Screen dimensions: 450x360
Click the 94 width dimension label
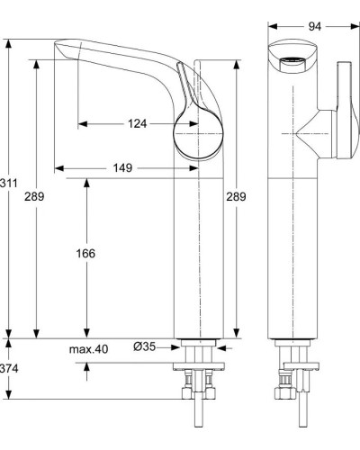point(314,26)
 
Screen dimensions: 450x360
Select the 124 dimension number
point(136,123)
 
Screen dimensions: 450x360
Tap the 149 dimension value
point(124,167)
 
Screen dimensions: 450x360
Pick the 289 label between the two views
point(236,195)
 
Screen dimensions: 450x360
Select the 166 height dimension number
point(85,254)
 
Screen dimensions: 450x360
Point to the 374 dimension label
point(9,368)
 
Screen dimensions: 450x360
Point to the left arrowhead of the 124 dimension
point(82,123)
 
